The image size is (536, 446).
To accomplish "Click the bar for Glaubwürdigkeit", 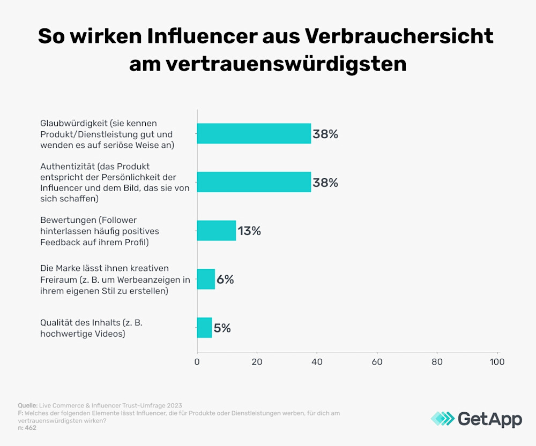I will pyautogui.click(x=254, y=134).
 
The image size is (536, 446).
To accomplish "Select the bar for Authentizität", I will pyautogui.click(x=254, y=182).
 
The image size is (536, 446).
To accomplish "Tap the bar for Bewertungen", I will pyautogui.click(x=217, y=231).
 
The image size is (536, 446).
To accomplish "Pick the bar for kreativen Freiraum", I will pyautogui.click(x=206, y=279).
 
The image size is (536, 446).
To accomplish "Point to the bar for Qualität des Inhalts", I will pyautogui.click(x=204, y=328).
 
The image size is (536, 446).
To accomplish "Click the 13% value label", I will pyautogui.click(x=249, y=231).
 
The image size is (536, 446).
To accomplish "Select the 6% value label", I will pyautogui.click(x=225, y=279).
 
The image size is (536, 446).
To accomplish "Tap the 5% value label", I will pyautogui.click(x=222, y=328).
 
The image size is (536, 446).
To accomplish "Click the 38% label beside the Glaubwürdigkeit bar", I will pyautogui.click(x=325, y=134).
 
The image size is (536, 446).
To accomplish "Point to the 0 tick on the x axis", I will pyautogui.click(x=197, y=362).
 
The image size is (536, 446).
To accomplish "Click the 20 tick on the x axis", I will pyautogui.click(x=257, y=362).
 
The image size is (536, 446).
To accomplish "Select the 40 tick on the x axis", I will pyautogui.click(x=317, y=362).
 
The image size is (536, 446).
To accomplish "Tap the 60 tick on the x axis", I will pyautogui.click(x=377, y=362).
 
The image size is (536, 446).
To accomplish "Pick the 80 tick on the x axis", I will pyautogui.click(x=437, y=362).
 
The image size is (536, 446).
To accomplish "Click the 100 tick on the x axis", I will pyautogui.click(x=497, y=362).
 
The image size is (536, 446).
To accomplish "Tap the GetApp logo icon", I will pyautogui.click(x=442, y=419).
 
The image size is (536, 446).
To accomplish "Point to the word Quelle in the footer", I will pyautogui.click(x=27, y=405).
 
